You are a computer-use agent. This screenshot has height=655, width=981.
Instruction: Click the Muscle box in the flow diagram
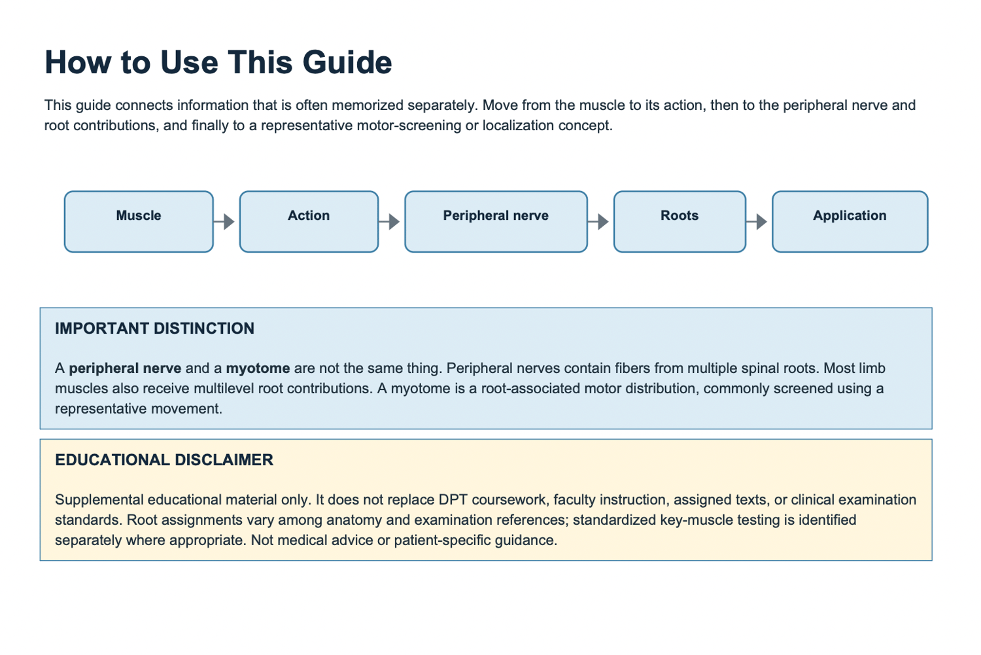click(139, 222)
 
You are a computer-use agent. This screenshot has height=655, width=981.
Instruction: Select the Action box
click(309, 222)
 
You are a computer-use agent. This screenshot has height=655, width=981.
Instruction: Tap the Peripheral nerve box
click(496, 222)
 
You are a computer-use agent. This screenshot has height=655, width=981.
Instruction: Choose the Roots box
click(680, 222)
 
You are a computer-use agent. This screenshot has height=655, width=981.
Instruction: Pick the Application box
click(850, 222)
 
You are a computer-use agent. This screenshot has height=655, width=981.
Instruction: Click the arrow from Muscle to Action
click(224, 222)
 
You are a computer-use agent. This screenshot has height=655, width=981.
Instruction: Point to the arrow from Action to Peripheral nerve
click(389, 222)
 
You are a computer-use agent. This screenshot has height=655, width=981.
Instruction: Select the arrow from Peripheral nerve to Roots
click(598, 222)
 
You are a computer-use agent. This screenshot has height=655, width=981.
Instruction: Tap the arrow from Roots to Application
click(757, 222)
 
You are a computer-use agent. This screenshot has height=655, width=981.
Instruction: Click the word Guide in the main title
click(347, 62)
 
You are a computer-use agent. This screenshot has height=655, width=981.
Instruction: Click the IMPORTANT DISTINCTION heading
click(154, 328)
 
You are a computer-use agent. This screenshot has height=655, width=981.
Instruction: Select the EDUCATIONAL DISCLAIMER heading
click(164, 460)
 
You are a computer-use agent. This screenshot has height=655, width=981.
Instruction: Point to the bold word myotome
click(258, 368)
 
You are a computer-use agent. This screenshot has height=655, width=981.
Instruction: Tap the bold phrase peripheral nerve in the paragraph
click(126, 368)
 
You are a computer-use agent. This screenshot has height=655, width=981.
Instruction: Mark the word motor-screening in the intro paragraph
click(409, 126)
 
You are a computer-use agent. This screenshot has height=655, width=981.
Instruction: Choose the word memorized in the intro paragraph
click(368, 105)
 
